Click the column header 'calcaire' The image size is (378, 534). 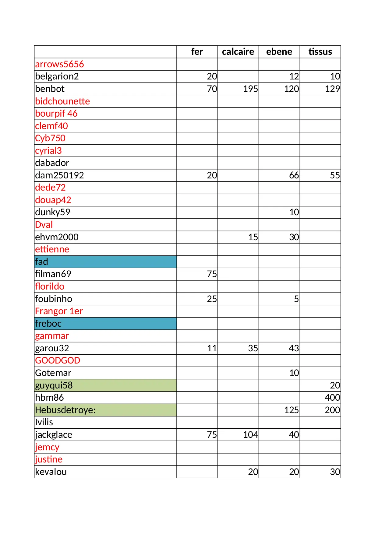[238, 52]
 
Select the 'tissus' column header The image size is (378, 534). [320, 52]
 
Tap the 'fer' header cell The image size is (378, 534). [197, 52]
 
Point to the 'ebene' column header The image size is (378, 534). [279, 52]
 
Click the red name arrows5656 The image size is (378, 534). [59, 64]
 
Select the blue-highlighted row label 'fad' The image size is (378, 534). [42, 262]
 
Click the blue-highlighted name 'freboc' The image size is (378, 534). [48, 323]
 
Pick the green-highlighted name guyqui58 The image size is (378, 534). [54, 385]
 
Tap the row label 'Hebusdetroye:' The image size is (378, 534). [65, 410]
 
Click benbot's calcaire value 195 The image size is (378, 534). [250, 89]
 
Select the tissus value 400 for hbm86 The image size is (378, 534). [332, 398]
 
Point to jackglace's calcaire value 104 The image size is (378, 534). [250, 435]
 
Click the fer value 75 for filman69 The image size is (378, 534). [212, 274]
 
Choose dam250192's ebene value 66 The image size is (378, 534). [294, 175]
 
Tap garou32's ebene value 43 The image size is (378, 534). [294, 348]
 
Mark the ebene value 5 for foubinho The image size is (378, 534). [296, 299]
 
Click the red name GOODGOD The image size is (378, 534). [58, 360]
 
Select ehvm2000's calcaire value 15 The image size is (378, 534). [253, 237]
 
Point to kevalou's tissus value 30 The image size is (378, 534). [335, 472]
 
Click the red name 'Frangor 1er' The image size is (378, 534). [59, 311]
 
